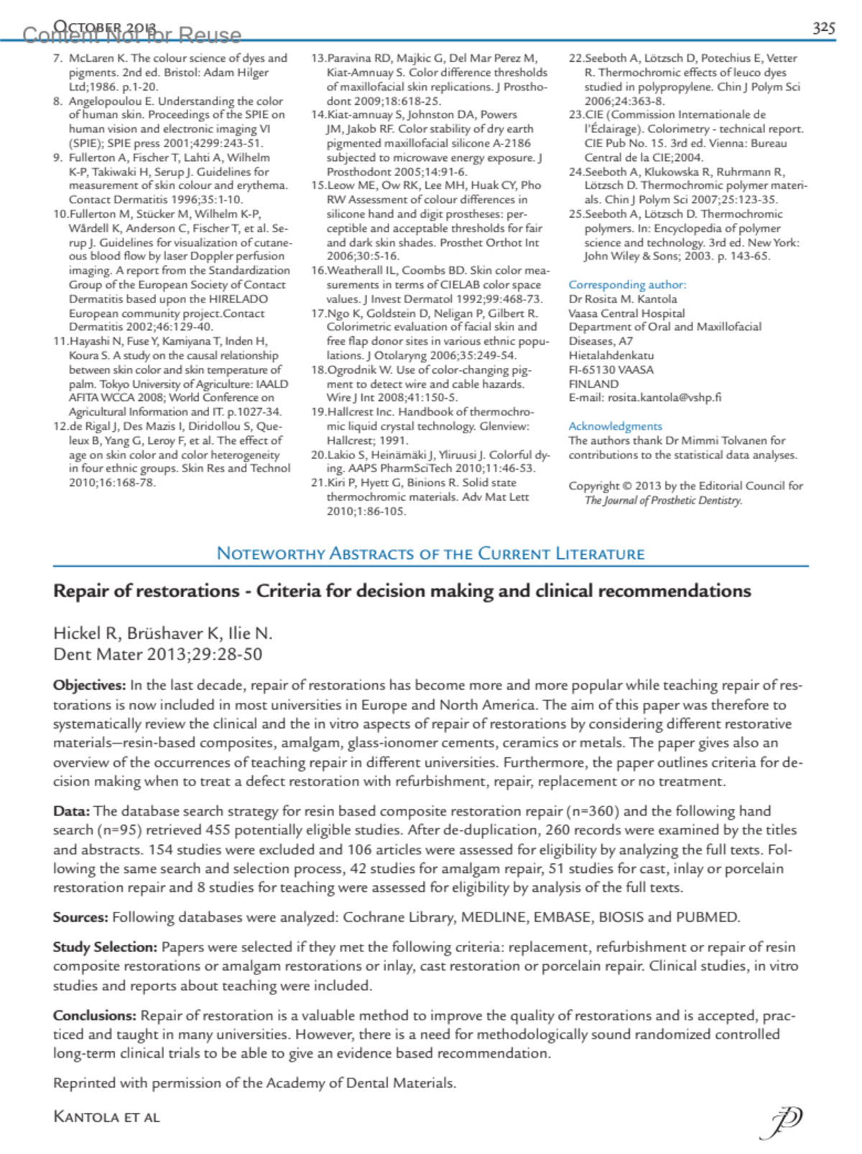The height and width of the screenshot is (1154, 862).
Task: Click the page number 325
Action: (823, 27)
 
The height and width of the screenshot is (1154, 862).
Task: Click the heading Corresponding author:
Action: (627, 285)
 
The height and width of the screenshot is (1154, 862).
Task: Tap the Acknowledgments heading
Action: (615, 426)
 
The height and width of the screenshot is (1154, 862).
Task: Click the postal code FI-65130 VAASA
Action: (611, 369)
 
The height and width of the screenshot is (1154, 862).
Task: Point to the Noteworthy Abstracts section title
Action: (430, 553)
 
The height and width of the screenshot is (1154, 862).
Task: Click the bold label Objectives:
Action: (89, 685)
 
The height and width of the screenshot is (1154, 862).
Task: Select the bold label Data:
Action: (71, 811)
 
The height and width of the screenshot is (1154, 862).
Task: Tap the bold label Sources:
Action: (80, 917)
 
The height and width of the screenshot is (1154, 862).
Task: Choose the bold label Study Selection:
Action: (105, 947)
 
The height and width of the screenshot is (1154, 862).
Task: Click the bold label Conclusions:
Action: (94, 1015)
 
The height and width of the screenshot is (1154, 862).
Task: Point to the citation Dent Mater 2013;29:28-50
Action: (157, 654)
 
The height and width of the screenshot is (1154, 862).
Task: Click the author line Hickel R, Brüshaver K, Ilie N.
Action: (163, 633)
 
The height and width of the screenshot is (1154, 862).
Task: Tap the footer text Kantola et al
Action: (106, 1117)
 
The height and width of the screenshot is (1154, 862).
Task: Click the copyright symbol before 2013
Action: (627, 486)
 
